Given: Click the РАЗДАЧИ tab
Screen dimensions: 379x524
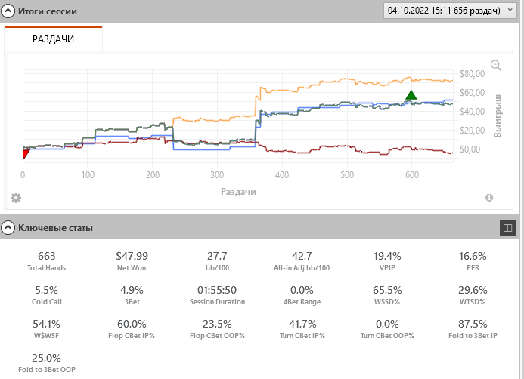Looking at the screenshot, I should [53, 39].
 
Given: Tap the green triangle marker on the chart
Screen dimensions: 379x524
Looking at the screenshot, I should [411, 95].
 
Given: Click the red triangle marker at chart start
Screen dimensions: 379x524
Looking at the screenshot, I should [26, 154].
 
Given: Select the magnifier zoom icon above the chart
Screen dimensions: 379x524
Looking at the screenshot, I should [496, 66].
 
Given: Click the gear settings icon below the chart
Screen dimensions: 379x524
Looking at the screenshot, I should [16, 198].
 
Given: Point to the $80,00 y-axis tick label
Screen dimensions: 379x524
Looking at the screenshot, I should [471, 73].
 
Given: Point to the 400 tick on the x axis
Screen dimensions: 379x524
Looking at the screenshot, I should [281, 174].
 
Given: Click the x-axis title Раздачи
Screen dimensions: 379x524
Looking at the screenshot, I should [238, 192].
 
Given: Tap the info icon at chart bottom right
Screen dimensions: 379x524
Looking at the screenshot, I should [489, 198].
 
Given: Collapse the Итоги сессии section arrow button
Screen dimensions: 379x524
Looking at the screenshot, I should [8, 11].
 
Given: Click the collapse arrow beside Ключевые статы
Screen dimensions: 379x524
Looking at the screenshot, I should [8, 226].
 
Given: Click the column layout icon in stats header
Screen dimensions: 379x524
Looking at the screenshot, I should [508, 226].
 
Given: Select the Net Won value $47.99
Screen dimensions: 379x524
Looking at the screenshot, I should [133, 257].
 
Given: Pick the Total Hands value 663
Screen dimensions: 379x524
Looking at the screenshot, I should [47, 257].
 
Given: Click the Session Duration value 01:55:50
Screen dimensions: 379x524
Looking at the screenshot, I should [217, 290].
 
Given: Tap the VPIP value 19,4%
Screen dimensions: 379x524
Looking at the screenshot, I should [388, 257].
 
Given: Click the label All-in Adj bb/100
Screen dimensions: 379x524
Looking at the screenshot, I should [302, 268].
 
